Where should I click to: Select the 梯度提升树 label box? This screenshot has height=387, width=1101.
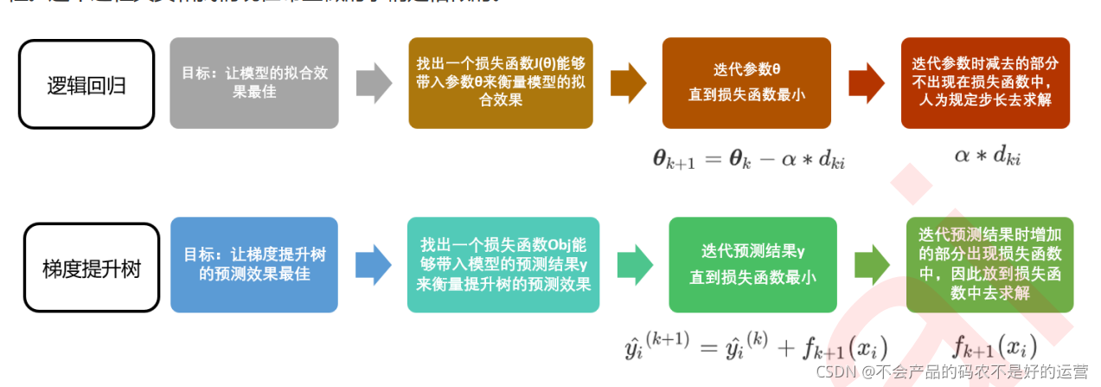point(91,267)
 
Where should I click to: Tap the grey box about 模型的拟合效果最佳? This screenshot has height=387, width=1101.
point(253,83)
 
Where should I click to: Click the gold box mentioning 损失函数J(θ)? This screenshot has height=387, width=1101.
point(500,83)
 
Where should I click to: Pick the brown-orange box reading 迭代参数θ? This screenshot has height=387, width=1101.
point(746,83)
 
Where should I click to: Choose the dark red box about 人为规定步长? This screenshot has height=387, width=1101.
point(984,83)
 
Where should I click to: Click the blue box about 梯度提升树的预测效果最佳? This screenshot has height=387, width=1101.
point(253,265)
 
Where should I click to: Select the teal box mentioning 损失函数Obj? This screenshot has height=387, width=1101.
point(503,265)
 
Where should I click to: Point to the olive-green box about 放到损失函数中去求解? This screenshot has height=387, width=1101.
point(989,265)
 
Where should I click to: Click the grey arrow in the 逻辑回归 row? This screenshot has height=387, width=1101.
point(374,83)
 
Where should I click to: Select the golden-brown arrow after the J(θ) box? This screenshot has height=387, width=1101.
point(628,83)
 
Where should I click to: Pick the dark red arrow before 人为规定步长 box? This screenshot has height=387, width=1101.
point(866,83)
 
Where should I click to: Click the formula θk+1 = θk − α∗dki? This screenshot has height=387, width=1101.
point(748,158)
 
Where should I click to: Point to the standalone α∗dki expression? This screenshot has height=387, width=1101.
point(987,156)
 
